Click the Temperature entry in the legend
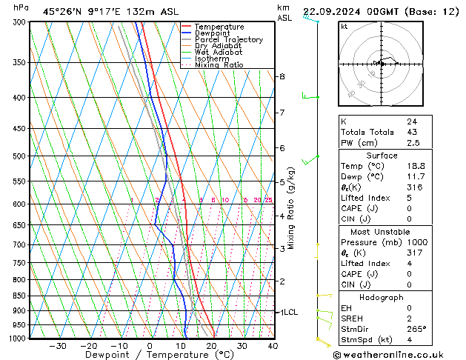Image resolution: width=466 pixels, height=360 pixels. (219, 27)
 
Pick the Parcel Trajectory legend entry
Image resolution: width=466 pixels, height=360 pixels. (228, 40)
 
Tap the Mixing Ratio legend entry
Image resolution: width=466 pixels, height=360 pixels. (219, 65)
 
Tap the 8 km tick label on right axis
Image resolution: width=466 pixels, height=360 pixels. (282, 76)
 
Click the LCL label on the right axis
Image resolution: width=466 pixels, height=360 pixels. (289, 313)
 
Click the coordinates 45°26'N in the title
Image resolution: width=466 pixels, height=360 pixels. (61, 11)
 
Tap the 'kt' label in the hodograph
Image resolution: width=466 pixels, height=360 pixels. (344, 26)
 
